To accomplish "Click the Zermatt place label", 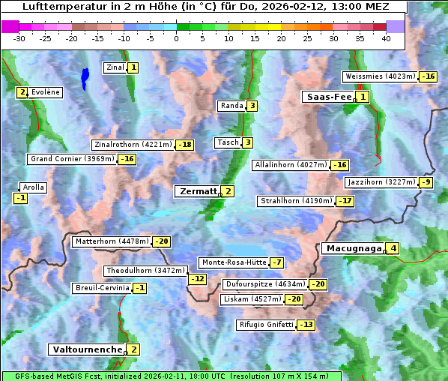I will (197, 191).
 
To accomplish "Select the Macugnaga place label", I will (352, 248).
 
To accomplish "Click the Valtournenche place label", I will (86, 349).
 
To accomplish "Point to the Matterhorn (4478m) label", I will (111, 241).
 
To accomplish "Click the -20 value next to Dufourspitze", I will (318, 284).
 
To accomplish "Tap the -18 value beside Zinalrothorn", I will (184, 145).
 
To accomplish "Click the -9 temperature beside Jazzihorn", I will (426, 182).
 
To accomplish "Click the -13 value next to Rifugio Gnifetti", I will (306, 325).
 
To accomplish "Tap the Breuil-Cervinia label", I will (101, 288).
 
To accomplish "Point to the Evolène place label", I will (46, 91).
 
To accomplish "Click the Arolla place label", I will (34, 187).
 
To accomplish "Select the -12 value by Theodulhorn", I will (197, 279).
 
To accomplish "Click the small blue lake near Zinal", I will (85, 77).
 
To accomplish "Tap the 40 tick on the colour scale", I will (386, 37).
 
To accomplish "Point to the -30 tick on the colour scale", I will (19, 37).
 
